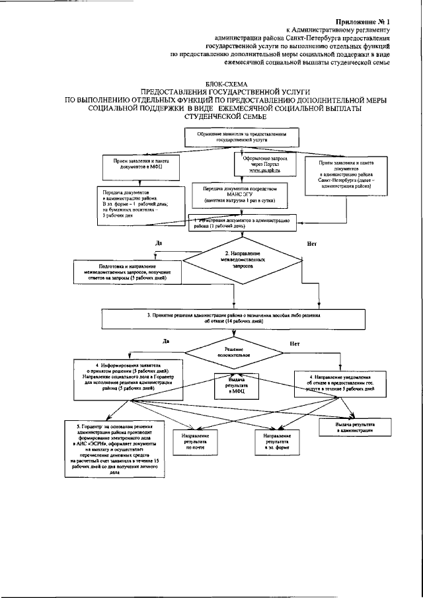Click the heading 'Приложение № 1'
363,22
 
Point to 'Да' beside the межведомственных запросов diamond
159,243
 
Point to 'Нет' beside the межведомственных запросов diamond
312,244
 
